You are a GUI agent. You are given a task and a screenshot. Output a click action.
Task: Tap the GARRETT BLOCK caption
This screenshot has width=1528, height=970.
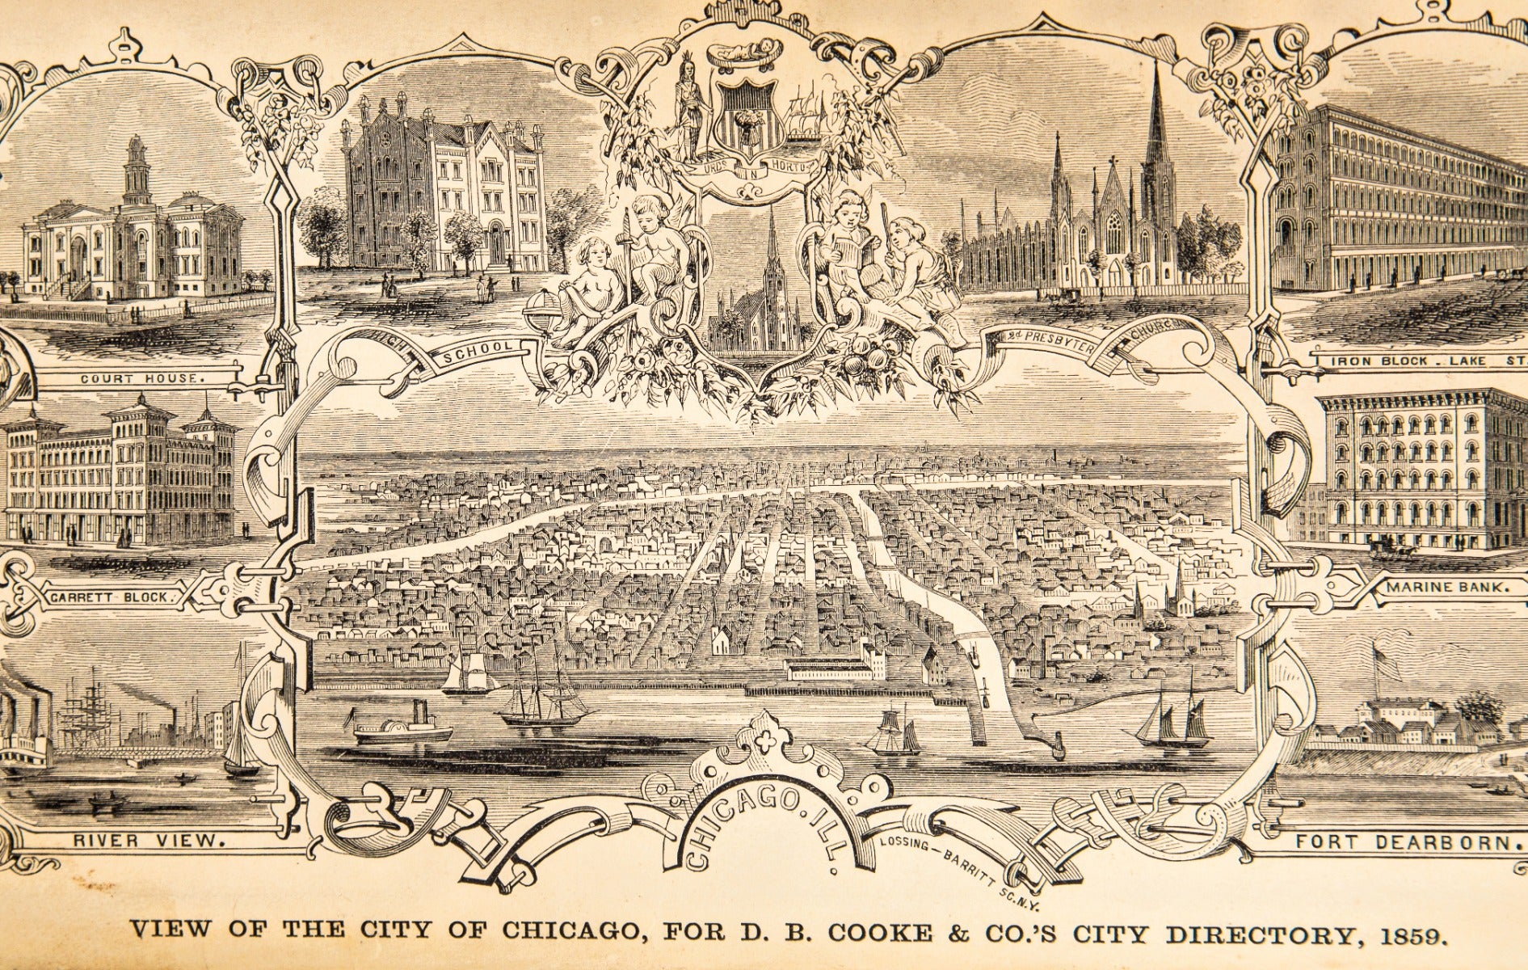114,597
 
